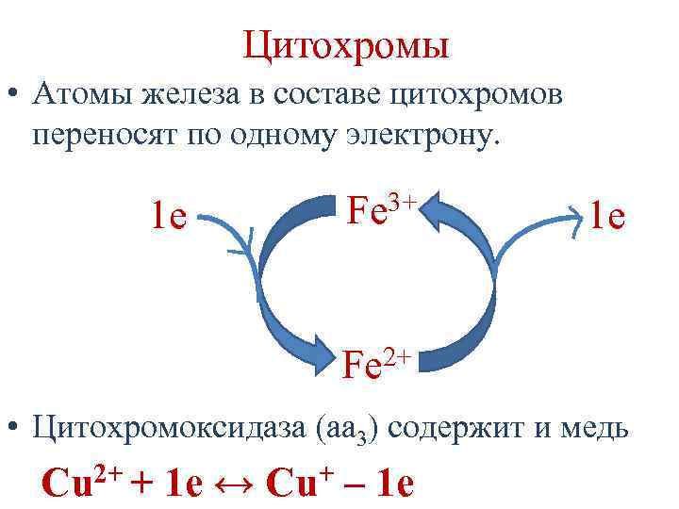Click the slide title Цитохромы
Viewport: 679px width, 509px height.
point(345,44)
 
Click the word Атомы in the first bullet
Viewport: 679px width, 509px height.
point(86,94)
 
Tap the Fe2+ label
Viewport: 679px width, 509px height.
point(375,364)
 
